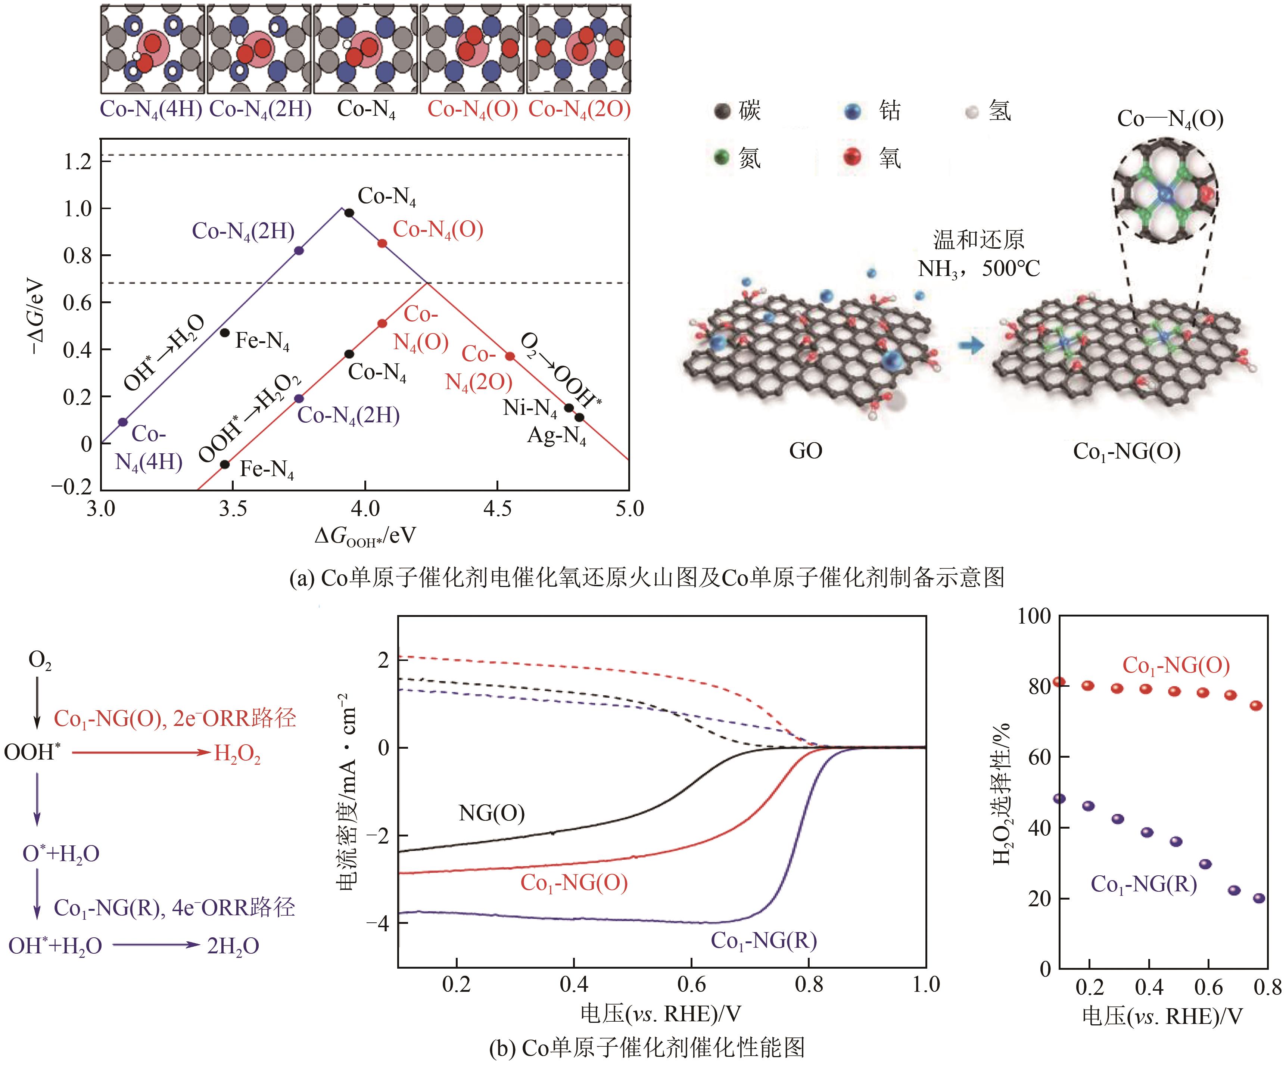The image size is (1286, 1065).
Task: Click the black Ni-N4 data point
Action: [568, 408]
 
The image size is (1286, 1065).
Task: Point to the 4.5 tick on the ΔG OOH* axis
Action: [497, 508]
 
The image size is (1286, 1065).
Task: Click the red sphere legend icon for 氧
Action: [852, 157]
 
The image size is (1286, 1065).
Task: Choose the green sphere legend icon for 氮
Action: [723, 157]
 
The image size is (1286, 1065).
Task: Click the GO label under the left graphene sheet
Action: [805, 451]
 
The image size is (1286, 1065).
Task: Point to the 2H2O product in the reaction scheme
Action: [233, 946]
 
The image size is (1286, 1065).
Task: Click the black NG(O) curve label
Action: [492, 813]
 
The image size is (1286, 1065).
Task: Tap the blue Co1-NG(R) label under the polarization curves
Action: [764, 940]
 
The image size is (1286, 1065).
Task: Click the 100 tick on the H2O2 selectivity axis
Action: [1034, 616]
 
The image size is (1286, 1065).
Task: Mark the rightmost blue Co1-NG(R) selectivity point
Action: [1259, 898]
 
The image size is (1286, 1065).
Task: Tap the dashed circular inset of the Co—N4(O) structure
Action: [1165, 192]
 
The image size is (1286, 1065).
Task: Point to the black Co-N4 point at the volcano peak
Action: [349, 212]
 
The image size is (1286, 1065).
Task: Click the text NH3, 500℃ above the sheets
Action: [978, 268]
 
